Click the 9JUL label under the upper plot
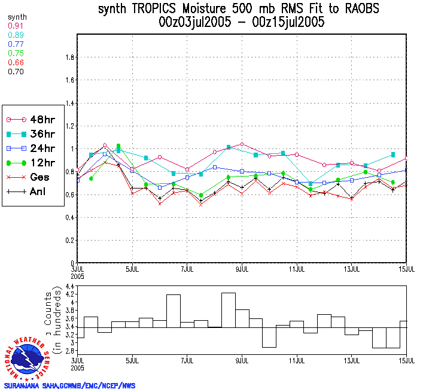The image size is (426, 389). click(x=242, y=269)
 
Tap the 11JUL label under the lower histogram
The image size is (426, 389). click(x=297, y=361)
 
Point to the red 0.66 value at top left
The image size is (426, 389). click(x=16, y=62)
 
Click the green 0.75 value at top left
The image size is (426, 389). click(x=16, y=53)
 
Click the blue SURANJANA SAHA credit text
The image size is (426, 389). click(x=69, y=385)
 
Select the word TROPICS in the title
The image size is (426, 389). click(x=159, y=9)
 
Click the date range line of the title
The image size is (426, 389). click(x=242, y=23)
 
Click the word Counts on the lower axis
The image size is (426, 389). click(x=48, y=311)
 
